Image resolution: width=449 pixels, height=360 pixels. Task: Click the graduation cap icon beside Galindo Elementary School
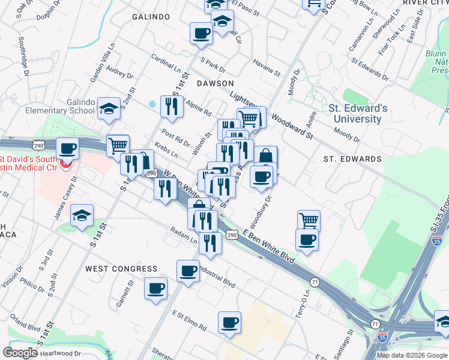click(x=109, y=109)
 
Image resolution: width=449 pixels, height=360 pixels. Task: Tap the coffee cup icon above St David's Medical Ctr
click(x=68, y=148)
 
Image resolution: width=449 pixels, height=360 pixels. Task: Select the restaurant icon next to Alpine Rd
click(x=172, y=106)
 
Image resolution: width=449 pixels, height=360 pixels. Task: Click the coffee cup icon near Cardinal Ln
click(x=201, y=33)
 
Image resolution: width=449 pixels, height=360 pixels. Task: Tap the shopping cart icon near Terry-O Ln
click(x=309, y=220)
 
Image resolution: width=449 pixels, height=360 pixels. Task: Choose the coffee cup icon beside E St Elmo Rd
click(x=229, y=323)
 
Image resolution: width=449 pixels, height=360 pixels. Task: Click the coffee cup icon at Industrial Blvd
click(x=188, y=271)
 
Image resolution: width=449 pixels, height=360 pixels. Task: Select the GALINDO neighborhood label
click(x=151, y=17)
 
